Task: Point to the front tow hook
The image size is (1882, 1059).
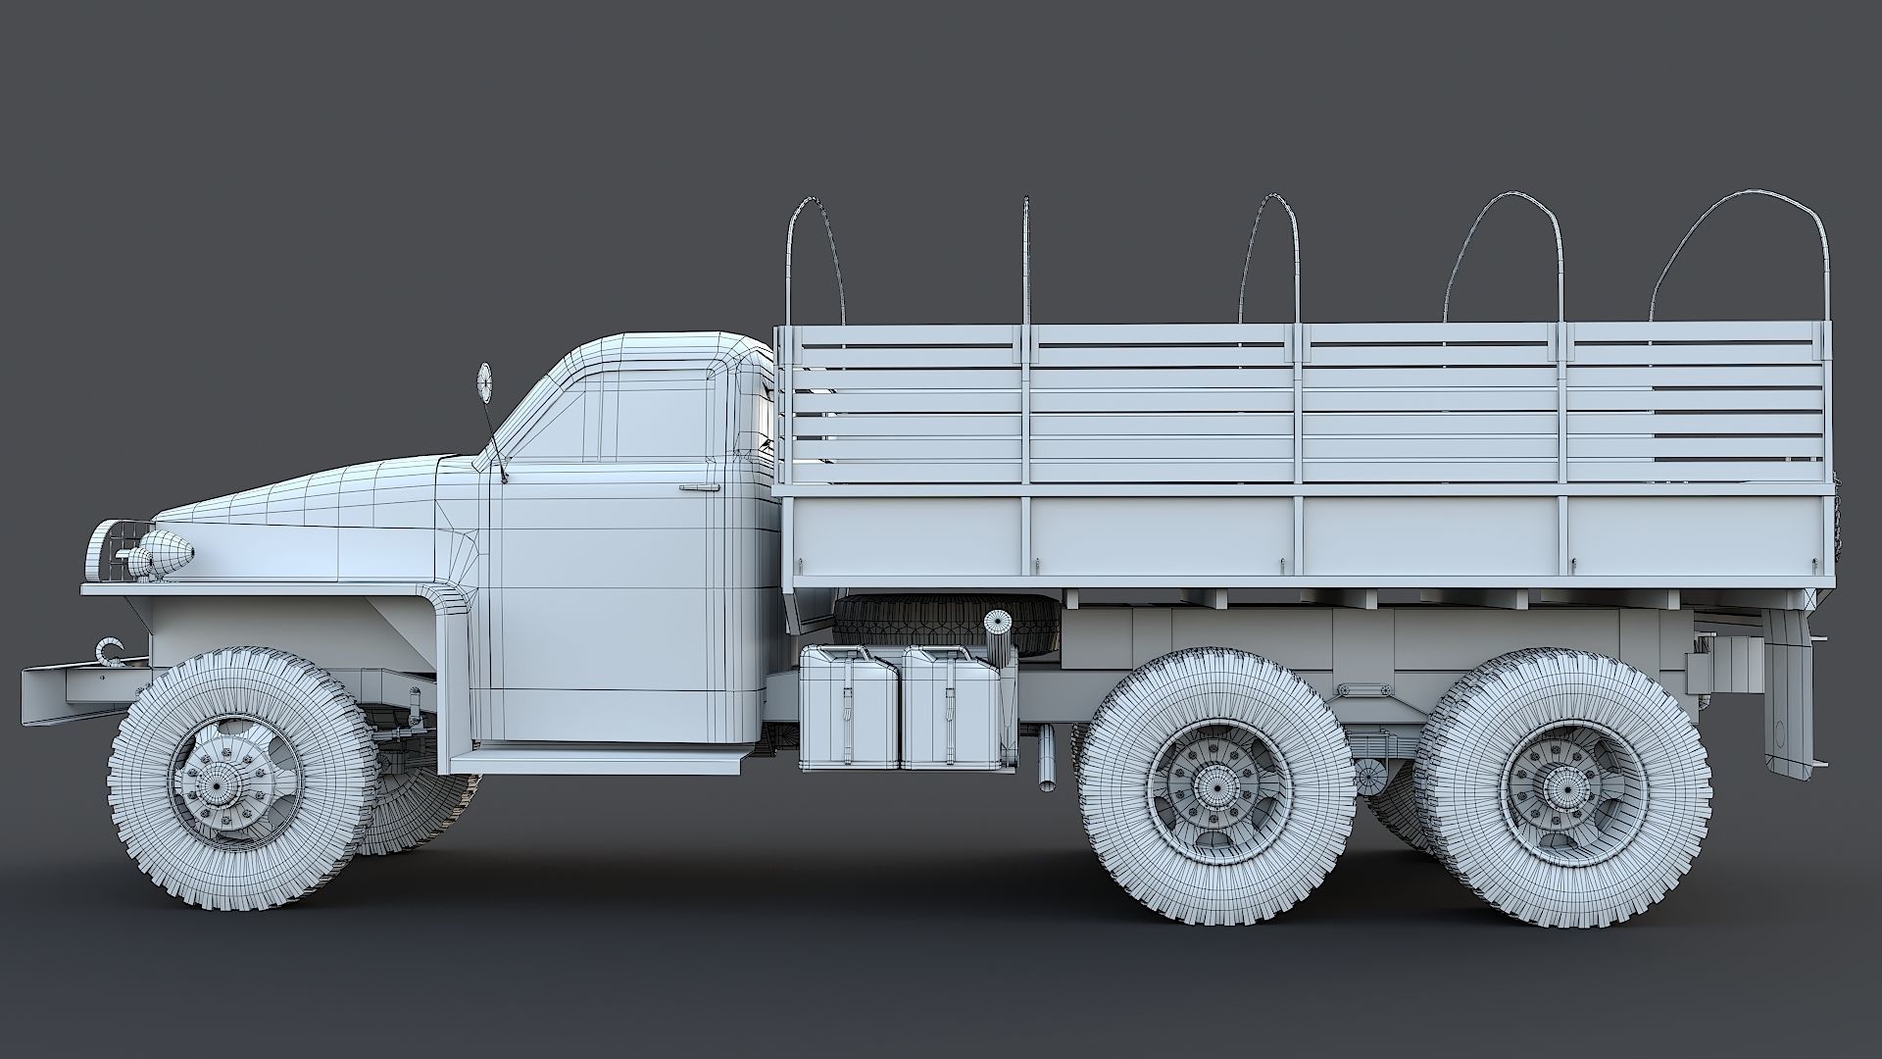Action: coord(110,652)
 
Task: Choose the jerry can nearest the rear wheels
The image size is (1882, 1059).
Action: coord(951,706)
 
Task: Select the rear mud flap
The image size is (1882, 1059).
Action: coord(1786,686)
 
